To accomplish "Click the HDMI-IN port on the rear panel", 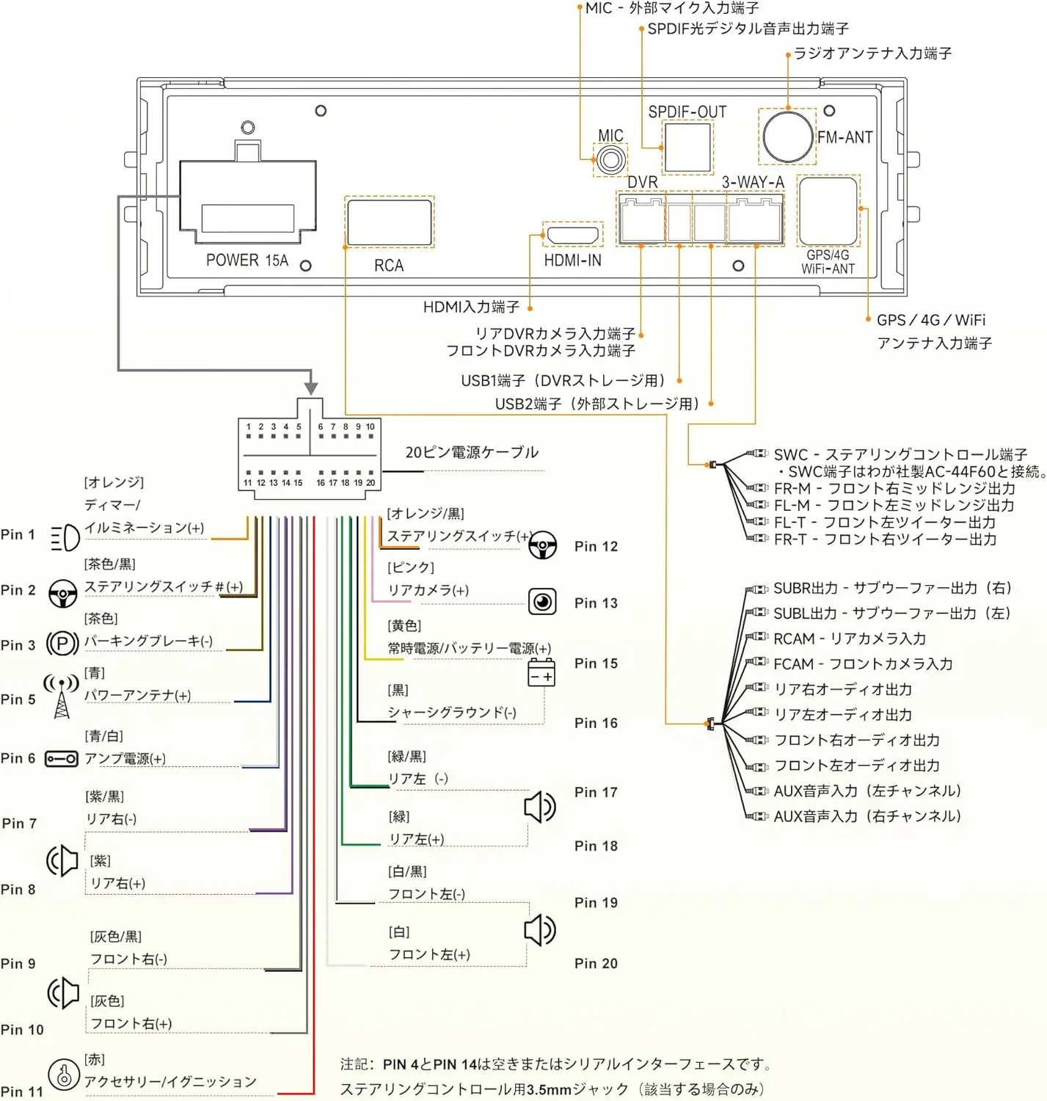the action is point(572,234).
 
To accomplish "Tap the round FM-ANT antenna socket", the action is point(787,137).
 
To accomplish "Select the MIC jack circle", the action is point(610,160).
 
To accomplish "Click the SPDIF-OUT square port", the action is point(687,147).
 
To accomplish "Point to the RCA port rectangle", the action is point(389,222).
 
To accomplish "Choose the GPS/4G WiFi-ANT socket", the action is point(828,211).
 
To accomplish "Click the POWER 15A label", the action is point(247,261).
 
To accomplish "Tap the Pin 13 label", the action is point(596,603).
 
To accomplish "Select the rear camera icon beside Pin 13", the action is point(542,602).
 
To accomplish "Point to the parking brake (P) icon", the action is point(62,643).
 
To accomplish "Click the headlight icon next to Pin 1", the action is point(65,537).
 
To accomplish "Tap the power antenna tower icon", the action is point(62,696).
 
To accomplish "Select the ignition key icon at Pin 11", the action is point(63,1074).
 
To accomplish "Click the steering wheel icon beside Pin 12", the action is point(542,545).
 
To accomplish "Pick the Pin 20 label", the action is point(596,963).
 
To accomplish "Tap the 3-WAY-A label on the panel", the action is point(753,183).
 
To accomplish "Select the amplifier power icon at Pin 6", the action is point(62,759).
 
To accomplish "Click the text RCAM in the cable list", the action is point(794,639).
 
